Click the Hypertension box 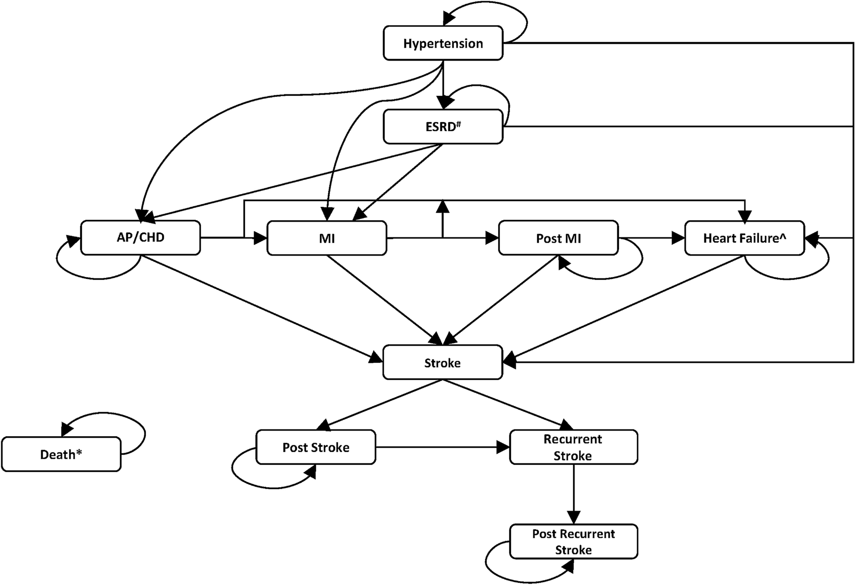tap(443, 43)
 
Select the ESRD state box tap(443, 127)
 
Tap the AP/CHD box tap(141, 237)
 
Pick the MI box tap(327, 238)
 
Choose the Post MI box tap(558, 238)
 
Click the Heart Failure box tap(744, 238)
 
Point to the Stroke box tap(443, 362)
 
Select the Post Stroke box tap(316, 447)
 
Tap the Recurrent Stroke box tap(573, 447)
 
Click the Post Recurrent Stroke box tap(573, 542)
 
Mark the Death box tap(61, 454)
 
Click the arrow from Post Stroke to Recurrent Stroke tap(443, 447)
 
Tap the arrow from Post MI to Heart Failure tap(651, 238)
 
